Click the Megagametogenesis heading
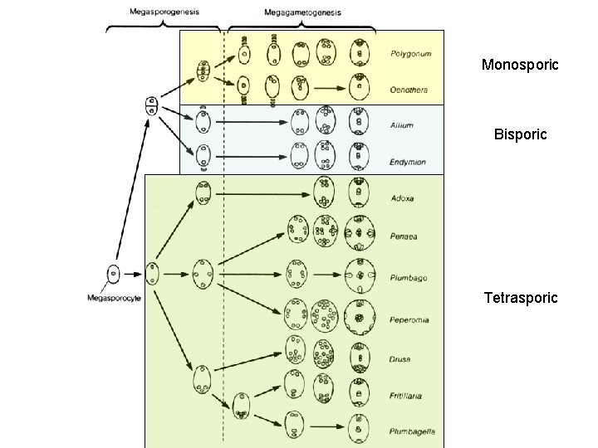coord(302,12)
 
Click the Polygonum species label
coord(410,54)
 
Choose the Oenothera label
coord(409,90)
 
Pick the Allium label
coord(402,126)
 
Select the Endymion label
coord(407,163)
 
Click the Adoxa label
coord(402,198)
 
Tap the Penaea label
coord(404,236)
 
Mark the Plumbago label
coord(408,278)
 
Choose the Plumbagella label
coord(412,431)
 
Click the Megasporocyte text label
coord(112,298)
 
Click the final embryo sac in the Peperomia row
coord(359,316)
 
